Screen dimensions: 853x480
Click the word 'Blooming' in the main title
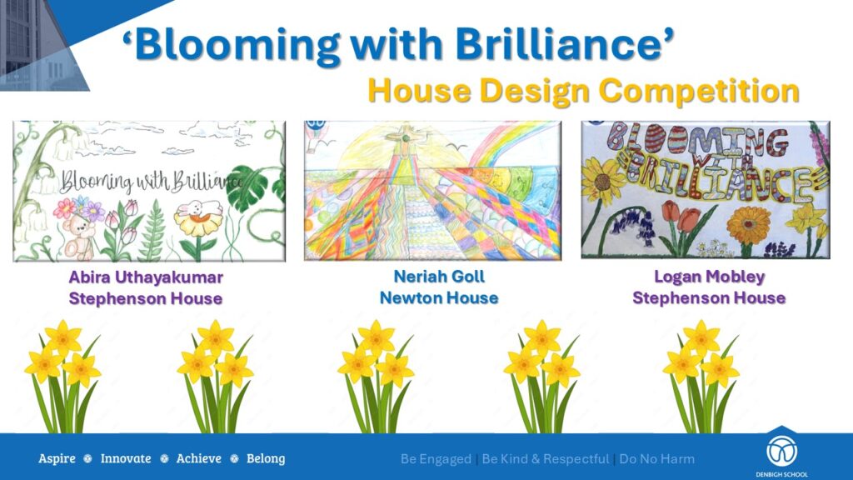tap(237, 45)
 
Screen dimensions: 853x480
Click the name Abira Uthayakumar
tap(146, 277)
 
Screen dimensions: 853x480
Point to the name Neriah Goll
tap(439, 277)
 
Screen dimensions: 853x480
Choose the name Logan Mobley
tap(710, 277)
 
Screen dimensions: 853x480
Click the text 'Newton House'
tap(439, 297)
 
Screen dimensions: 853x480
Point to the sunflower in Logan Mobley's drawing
tap(602, 181)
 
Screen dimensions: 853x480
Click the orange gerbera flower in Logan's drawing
tap(749, 225)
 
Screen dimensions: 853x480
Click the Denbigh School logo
tap(781, 452)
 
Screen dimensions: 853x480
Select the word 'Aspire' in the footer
tap(57, 459)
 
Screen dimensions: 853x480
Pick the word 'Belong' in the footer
tap(266, 459)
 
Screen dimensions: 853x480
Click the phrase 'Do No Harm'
tap(657, 459)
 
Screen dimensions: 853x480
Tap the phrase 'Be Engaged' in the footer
tap(436, 459)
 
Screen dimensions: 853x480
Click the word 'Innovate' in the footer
tap(126, 459)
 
